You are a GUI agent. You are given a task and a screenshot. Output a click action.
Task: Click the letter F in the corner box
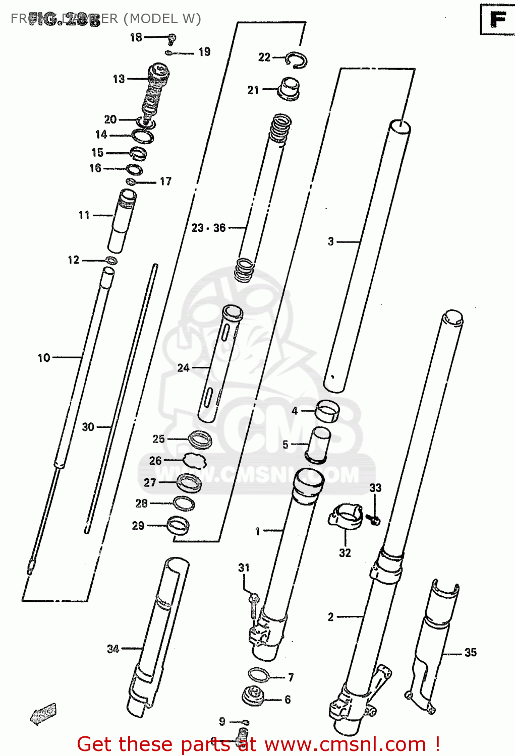(497, 20)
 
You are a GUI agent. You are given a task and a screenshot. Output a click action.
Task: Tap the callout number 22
(264, 57)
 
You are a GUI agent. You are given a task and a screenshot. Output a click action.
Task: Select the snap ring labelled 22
(296, 60)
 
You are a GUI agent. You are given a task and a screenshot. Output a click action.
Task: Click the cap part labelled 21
(289, 89)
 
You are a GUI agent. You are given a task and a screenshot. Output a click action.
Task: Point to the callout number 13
(119, 79)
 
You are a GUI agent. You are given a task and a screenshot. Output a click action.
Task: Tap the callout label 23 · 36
(208, 228)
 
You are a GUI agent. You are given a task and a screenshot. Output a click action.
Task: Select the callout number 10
(44, 358)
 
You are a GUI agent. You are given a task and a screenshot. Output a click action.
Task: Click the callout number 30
(88, 427)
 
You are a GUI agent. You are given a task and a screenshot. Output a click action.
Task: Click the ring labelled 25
(200, 439)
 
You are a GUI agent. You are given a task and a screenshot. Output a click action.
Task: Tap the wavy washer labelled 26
(195, 460)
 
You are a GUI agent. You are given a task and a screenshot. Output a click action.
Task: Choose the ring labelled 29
(178, 525)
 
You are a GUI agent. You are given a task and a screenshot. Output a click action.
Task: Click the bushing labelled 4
(327, 411)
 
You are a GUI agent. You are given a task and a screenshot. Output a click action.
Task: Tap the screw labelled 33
(374, 520)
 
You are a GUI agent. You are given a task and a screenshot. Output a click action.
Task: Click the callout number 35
(470, 653)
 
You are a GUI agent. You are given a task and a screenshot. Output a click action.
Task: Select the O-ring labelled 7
(259, 675)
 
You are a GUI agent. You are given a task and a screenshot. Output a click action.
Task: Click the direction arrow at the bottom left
(43, 714)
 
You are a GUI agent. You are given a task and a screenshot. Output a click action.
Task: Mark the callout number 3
(331, 241)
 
